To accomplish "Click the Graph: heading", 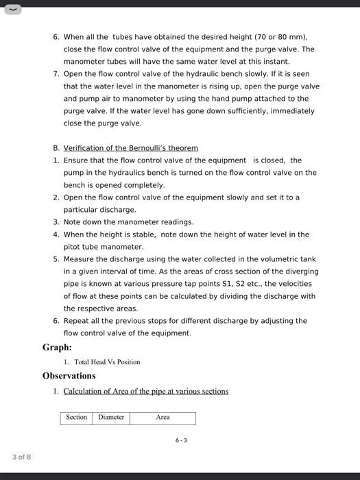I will tap(57, 348).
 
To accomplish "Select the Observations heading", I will tap(69, 376).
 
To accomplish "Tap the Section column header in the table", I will tap(76, 417).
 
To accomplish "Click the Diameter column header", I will tap(111, 417).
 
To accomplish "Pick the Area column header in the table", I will tap(163, 417).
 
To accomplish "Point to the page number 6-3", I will tap(180, 440).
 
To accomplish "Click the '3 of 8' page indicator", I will tap(21, 457).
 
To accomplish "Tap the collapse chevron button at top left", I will tap(12, 10).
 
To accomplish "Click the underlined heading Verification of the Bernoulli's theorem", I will tap(130, 148).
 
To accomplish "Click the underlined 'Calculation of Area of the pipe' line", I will tap(145, 392).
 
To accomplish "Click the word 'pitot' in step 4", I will tap(74, 247).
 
